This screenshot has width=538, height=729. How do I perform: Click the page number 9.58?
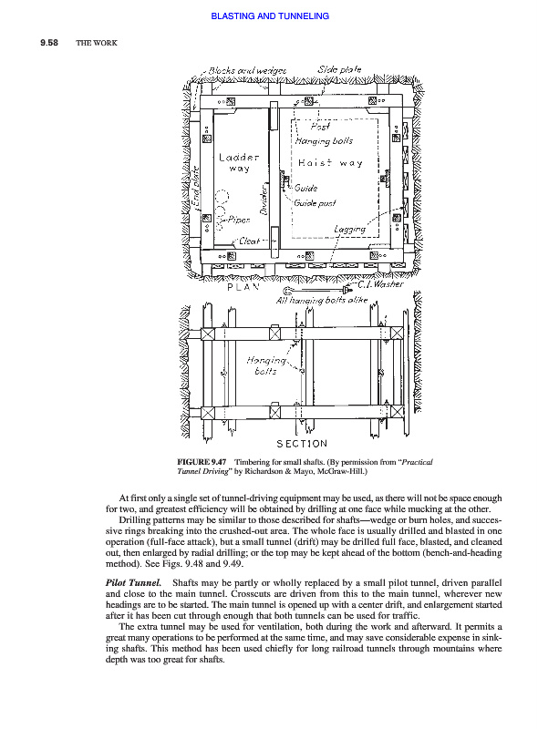49,43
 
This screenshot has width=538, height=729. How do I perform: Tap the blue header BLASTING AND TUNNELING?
270,16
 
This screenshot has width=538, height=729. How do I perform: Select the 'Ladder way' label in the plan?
239,163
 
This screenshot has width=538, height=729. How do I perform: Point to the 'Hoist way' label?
330,163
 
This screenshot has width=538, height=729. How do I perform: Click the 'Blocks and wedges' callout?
247,71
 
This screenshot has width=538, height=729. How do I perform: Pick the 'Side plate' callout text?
339,70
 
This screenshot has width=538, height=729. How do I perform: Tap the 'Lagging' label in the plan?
349,230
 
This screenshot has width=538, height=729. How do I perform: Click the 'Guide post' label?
315,203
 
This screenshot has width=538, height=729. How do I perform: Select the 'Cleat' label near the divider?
249,241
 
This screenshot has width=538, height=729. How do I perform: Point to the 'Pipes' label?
239,220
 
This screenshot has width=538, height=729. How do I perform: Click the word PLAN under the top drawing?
243,287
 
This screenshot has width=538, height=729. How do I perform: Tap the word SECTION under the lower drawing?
302,444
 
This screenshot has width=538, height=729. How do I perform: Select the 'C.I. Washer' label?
380,284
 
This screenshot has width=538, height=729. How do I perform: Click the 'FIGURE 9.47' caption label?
202,462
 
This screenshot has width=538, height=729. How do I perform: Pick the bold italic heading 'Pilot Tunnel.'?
133,582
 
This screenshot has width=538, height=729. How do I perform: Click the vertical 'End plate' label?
197,189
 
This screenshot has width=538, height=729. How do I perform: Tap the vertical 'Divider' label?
264,199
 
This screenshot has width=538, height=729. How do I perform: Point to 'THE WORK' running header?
97,43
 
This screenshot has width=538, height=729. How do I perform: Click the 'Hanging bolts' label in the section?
266,365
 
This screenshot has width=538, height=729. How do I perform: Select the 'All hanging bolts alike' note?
322,301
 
